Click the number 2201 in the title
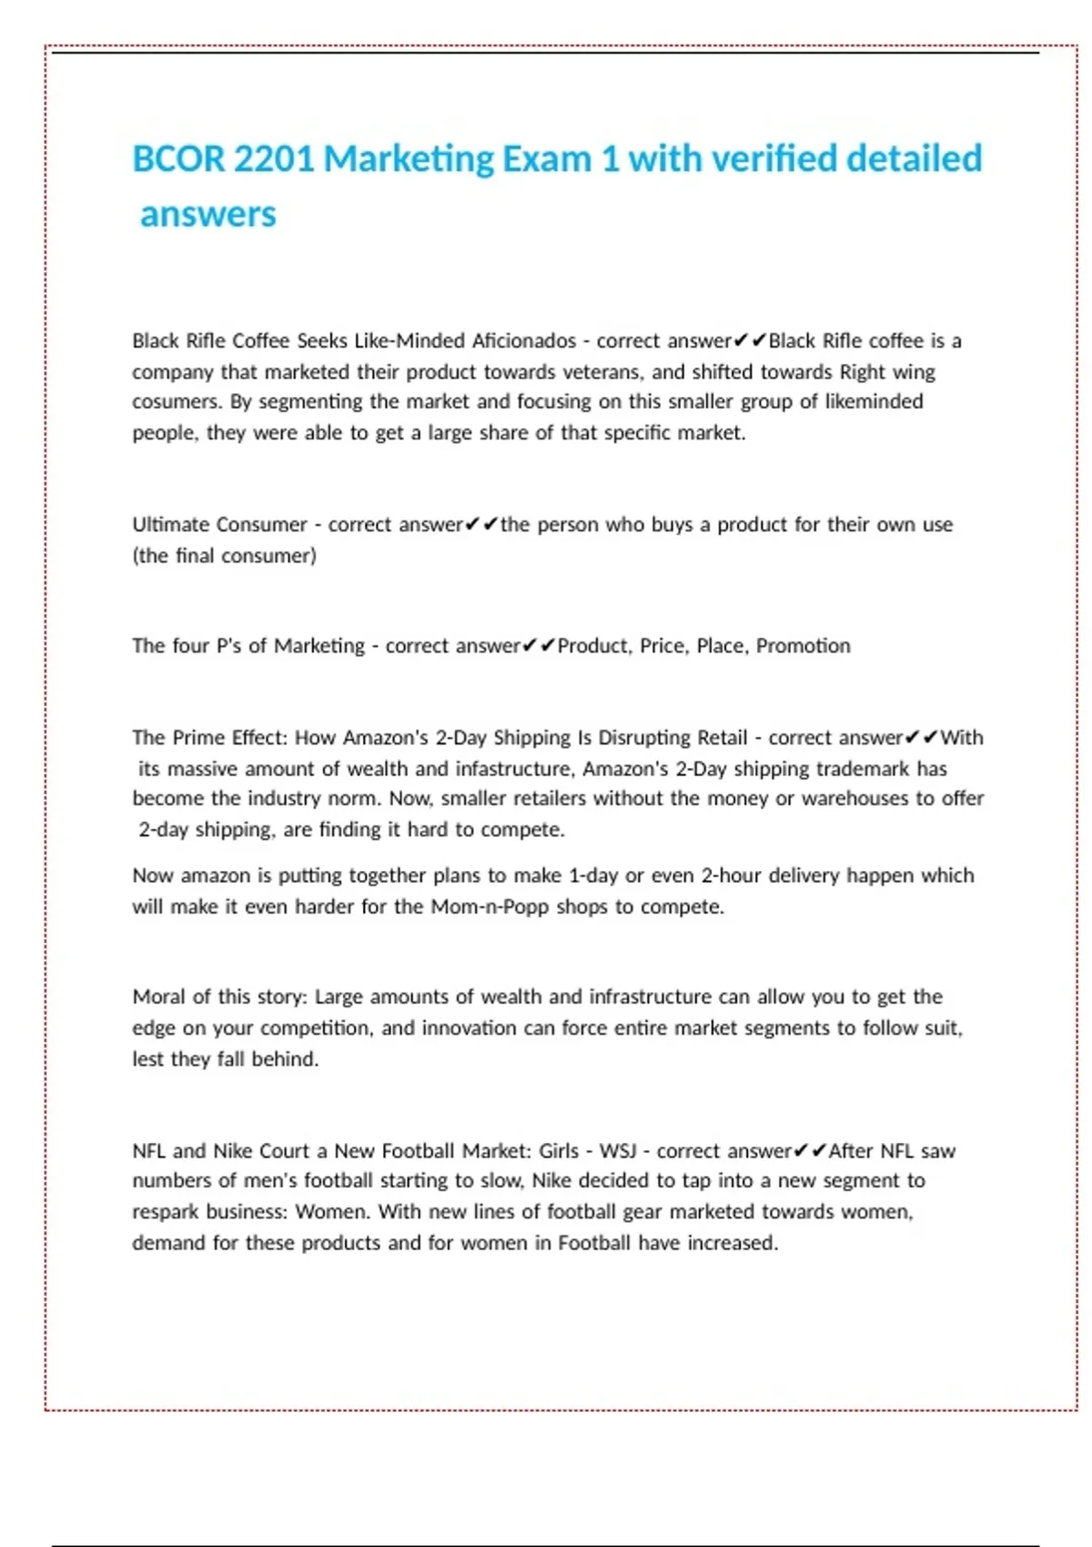[274, 159]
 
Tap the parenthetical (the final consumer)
[224, 555]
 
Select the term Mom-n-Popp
[490, 906]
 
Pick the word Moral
[159, 996]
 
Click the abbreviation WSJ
[617, 1150]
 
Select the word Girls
[558, 1150]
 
